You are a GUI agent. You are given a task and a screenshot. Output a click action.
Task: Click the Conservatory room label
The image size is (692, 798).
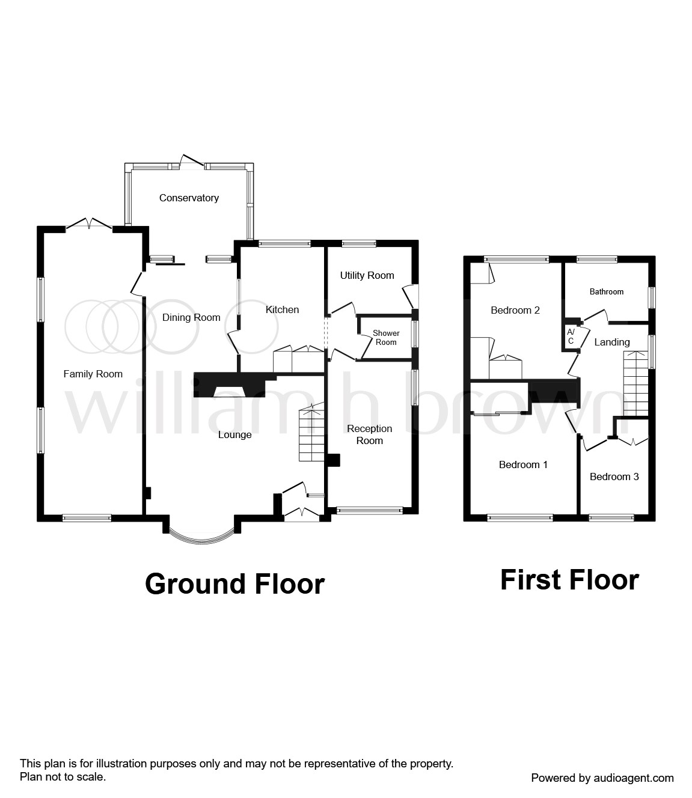click(x=189, y=198)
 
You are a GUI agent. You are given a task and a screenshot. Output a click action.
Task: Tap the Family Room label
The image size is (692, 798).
click(x=93, y=374)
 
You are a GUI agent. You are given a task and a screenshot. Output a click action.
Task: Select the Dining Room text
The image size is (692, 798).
click(x=191, y=317)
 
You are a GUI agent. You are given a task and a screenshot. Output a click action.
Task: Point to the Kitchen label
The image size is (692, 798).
click(x=282, y=309)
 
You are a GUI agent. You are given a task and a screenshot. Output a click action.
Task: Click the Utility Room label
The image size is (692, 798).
click(x=367, y=275)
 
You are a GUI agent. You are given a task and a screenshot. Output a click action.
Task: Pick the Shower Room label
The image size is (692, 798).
click(x=386, y=338)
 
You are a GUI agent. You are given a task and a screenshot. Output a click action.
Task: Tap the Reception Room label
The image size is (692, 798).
click(x=369, y=434)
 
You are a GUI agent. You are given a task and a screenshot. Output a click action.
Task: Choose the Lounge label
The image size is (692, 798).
click(x=234, y=434)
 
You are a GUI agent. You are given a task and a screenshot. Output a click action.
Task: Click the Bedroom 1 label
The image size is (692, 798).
click(x=523, y=464)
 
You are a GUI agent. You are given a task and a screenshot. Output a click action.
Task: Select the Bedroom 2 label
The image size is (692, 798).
click(x=515, y=310)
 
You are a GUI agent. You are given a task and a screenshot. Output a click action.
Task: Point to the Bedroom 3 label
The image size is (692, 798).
click(x=614, y=477)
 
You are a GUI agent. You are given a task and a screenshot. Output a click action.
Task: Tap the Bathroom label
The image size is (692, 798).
click(x=606, y=291)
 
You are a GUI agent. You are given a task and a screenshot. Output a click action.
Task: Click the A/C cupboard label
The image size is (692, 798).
click(x=571, y=337)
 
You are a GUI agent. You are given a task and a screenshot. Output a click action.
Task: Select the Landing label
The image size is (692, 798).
click(x=611, y=342)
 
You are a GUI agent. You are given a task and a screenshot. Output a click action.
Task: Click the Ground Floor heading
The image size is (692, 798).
click(x=234, y=584)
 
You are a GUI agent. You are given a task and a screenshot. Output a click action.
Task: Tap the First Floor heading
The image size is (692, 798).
click(x=569, y=580)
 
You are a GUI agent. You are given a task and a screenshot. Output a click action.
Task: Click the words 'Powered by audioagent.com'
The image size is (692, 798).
click(x=602, y=778)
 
